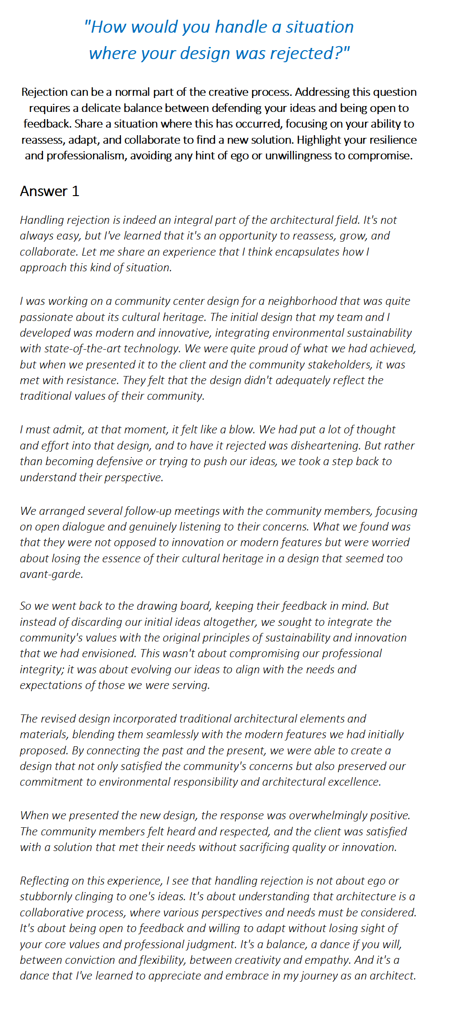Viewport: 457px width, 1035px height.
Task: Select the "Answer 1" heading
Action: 50,191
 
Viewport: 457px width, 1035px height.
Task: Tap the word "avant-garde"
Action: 51,574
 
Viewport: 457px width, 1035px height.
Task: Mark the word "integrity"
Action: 40,670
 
